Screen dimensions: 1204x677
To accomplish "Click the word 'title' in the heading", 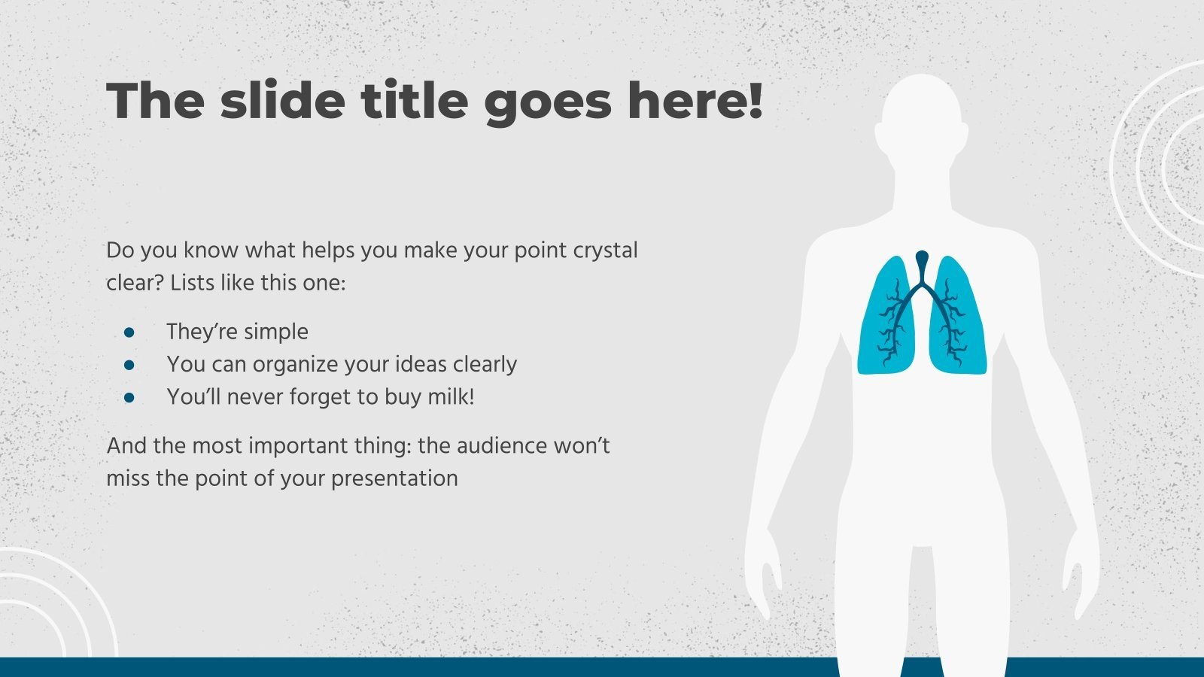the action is [415, 100].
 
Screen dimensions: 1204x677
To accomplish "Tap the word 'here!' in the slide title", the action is [695, 100].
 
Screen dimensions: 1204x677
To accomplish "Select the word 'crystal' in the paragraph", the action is [605, 251].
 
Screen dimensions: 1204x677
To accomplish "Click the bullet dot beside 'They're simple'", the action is [129, 332].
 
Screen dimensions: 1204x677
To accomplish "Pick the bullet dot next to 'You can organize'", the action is [129, 366].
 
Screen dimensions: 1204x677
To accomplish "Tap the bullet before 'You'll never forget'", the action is [129, 398].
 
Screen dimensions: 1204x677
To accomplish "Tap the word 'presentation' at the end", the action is [394, 479].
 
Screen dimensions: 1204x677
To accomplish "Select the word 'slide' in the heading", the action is [283, 100].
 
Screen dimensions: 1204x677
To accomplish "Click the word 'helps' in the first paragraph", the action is [327, 251].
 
